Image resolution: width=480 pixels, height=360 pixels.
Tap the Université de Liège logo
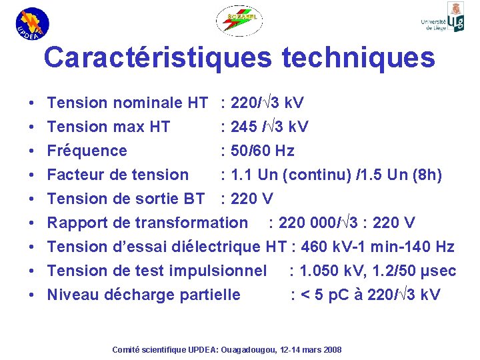pyautogui.click(x=443, y=18)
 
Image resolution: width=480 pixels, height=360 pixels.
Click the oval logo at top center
pyautogui.click(x=239, y=21)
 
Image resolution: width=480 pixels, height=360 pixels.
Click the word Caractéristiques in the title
pyautogui.click(x=157, y=58)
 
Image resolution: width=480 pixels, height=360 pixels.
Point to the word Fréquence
pyautogui.click(x=87, y=151)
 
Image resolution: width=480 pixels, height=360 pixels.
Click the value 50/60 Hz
pyautogui.click(x=262, y=151)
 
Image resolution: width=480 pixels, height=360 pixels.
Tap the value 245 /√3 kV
pyautogui.click(x=269, y=127)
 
